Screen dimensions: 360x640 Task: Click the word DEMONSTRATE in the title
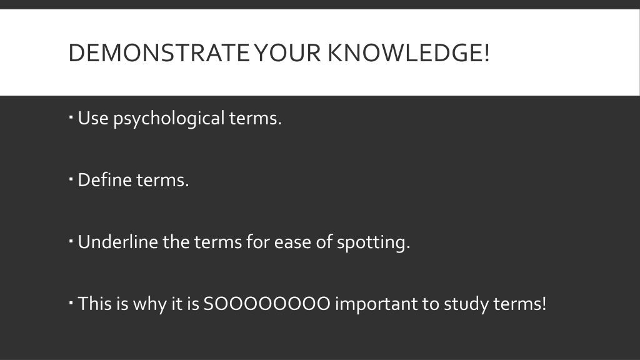pyautogui.click(x=157, y=54)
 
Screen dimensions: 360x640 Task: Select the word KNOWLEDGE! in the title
pyautogui.click(x=409, y=54)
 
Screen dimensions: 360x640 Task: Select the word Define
pyautogui.click(x=104, y=180)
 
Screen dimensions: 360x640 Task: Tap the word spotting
pyautogui.click(x=373, y=242)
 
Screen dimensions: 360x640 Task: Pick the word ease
pyautogui.click(x=292, y=242)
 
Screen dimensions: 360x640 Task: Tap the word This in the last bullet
pyautogui.click(x=94, y=304)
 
